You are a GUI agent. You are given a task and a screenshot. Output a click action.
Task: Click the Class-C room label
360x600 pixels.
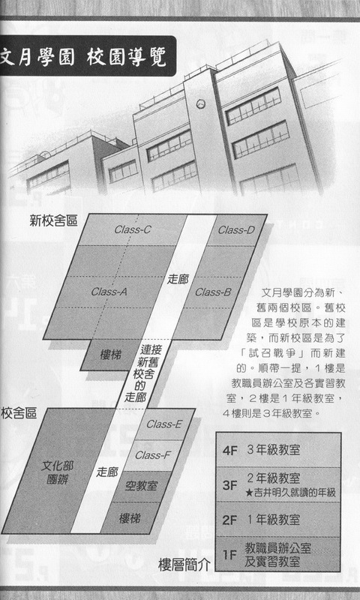[x=133, y=229]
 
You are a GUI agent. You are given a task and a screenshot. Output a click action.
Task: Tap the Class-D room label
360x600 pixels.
[x=236, y=230]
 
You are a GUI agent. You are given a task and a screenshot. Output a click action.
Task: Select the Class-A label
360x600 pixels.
[x=109, y=292]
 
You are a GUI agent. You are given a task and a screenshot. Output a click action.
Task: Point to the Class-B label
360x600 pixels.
[x=213, y=292]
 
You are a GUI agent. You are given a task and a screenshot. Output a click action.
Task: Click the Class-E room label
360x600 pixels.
[x=164, y=424]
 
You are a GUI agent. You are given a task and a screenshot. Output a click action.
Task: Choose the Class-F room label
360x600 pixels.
[x=153, y=455]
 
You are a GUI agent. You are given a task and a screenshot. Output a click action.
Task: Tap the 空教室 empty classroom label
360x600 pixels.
[x=141, y=486]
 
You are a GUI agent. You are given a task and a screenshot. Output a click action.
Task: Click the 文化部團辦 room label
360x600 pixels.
[x=57, y=472]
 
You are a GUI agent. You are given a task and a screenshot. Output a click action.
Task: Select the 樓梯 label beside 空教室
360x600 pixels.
[x=130, y=518]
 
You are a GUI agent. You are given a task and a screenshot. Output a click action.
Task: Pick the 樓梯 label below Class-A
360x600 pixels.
[x=110, y=355]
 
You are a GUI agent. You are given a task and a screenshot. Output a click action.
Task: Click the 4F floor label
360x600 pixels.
[x=230, y=451]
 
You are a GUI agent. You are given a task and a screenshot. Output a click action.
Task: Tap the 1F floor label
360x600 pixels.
[x=229, y=554]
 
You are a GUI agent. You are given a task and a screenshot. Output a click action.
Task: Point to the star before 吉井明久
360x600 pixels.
[x=249, y=493]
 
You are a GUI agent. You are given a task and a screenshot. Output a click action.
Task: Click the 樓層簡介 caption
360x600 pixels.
[x=184, y=565]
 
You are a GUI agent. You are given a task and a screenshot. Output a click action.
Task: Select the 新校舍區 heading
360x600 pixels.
[x=53, y=220]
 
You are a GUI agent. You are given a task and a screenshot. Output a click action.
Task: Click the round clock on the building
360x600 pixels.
[x=199, y=103]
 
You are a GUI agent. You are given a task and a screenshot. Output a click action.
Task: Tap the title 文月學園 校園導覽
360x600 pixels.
[x=83, y=58]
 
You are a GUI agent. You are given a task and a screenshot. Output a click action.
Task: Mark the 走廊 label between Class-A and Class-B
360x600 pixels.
[x=178, y=279]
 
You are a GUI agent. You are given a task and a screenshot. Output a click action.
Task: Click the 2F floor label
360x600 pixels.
[x=229, y=520]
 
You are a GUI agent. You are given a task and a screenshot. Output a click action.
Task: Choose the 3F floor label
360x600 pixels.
[x=229, y=485]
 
